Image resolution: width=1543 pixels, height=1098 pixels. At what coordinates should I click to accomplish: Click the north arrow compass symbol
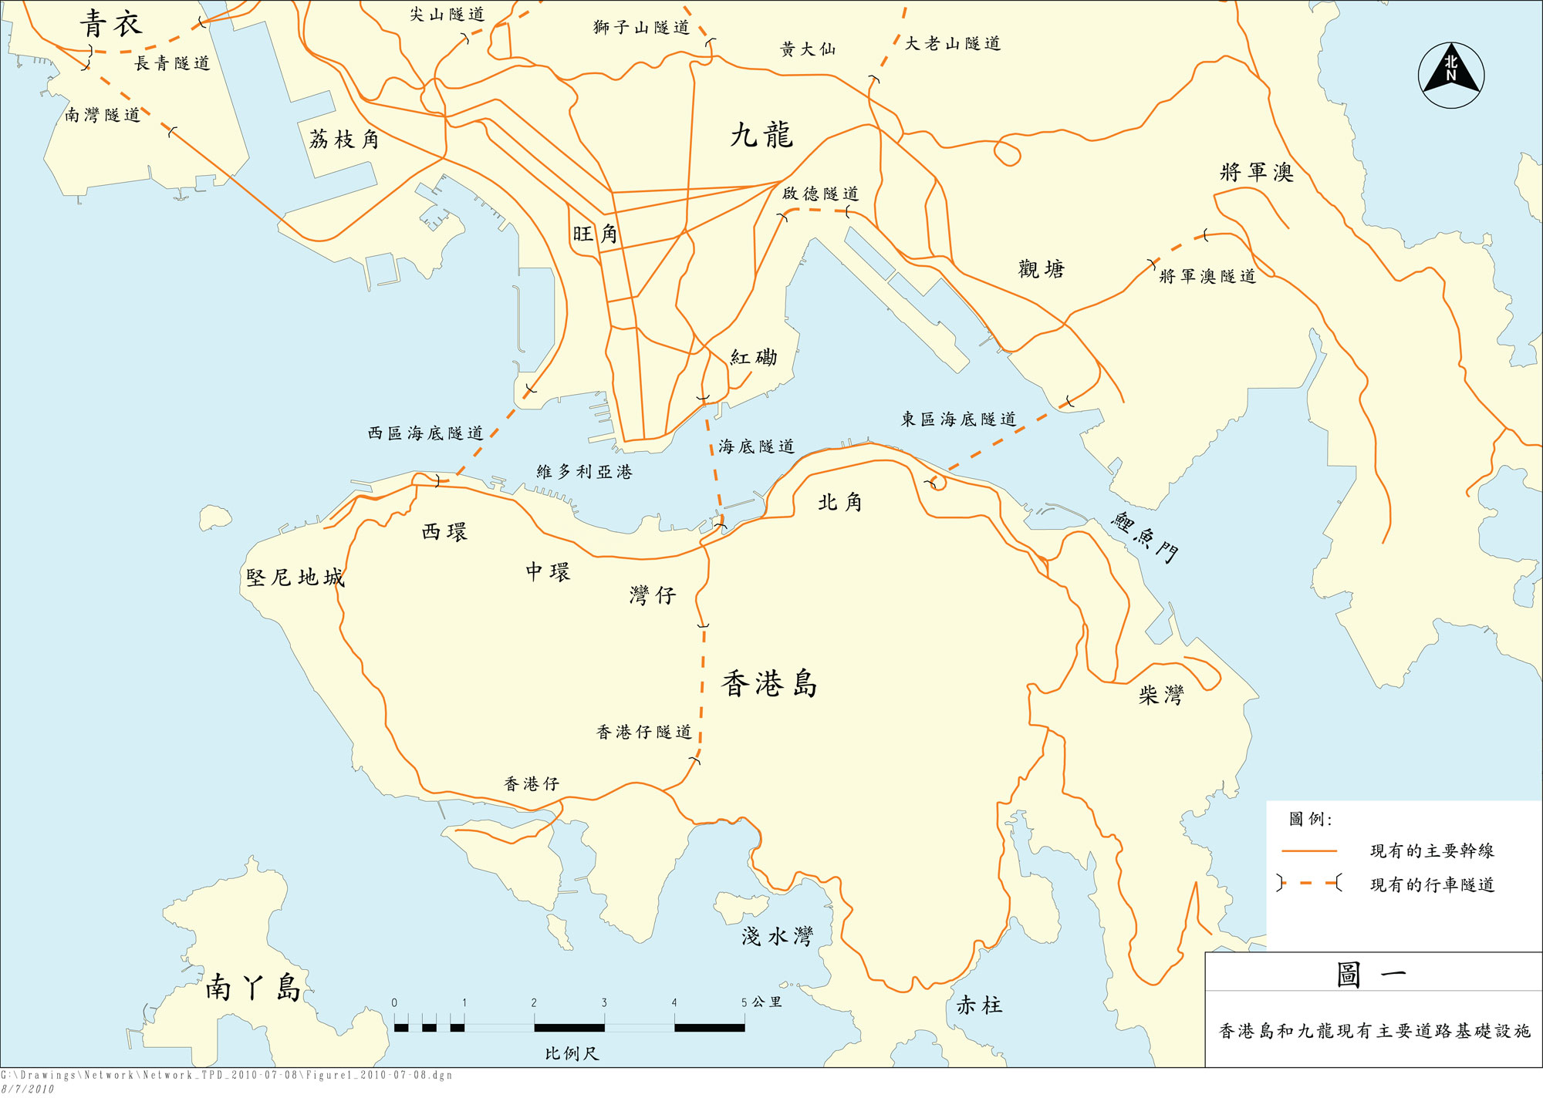point(1450,75)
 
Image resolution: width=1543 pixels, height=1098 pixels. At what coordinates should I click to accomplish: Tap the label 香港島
point(768,684)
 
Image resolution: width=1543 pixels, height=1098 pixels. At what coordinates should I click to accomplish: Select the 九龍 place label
point(761,135)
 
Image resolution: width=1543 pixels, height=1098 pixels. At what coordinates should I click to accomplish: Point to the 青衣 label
point(111,24)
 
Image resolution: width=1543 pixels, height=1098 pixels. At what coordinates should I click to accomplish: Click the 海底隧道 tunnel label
point(756,446)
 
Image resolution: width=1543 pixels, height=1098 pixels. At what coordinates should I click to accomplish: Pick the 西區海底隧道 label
point(425,433)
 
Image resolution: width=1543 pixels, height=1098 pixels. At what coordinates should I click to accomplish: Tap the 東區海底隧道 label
point(958,419)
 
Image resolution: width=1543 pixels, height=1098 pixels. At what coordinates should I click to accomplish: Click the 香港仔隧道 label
point(643,732)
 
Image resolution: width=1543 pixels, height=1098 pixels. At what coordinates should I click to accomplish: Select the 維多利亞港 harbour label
point(584,472)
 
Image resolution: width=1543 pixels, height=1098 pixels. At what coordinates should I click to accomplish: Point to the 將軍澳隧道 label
point(1207,276)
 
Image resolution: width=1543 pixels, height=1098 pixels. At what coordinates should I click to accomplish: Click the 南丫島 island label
point(252,987)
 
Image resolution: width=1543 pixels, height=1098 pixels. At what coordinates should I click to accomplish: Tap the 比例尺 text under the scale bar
point(571,1053)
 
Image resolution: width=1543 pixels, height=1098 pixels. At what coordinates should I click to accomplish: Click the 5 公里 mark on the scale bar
point(761,1002)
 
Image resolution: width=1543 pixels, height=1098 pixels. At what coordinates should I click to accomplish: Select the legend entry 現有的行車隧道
point(1432,884)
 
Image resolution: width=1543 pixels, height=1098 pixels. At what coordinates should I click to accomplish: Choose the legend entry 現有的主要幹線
point(1432,850)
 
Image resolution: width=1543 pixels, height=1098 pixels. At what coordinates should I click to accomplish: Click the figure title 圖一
point(1372,975)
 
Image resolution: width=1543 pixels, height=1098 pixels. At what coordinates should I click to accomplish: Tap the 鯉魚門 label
point(1145,536)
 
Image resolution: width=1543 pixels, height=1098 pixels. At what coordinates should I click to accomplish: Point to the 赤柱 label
point(979,1005)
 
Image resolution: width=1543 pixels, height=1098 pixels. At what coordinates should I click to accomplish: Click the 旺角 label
point(595,234)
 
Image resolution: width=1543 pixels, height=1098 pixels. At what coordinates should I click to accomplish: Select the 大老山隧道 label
point(953,44)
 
